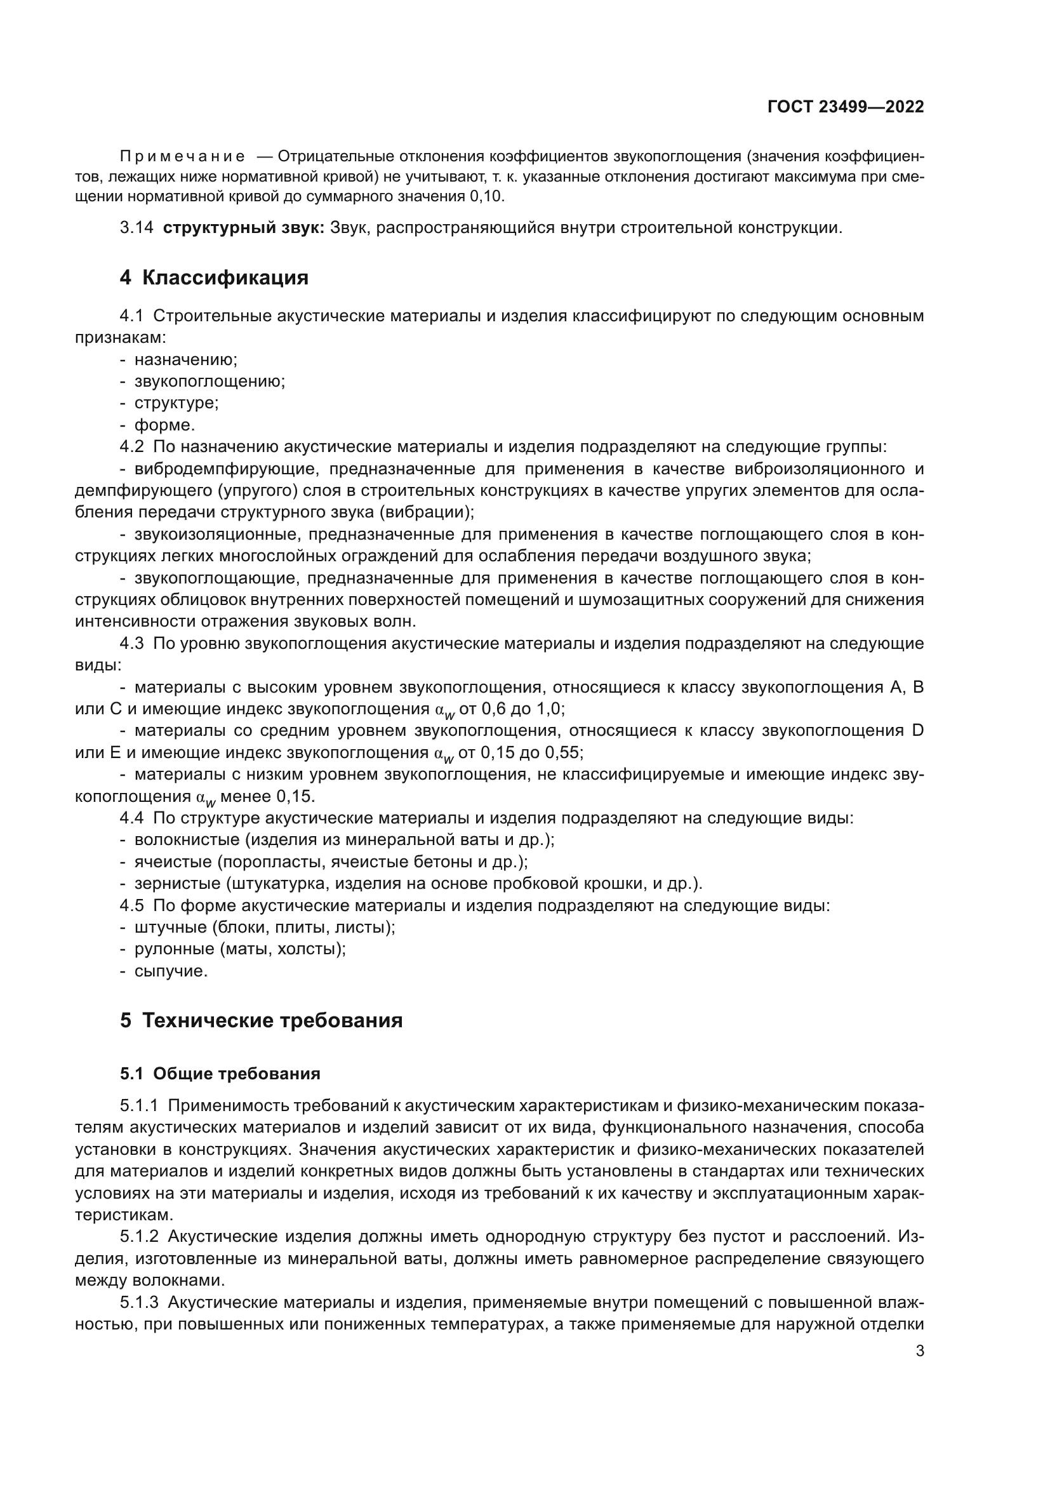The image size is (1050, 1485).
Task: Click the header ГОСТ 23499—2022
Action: tap(845, 107)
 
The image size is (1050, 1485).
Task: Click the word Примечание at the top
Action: tap(182, 157)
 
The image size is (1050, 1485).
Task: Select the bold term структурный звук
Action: tap(244, 228)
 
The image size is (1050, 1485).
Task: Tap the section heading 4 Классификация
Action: tap(214, 277)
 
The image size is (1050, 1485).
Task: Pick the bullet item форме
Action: tap(164, 425)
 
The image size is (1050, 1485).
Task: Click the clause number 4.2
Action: tap(132, 447)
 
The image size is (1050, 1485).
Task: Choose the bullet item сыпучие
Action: tap(171, 971)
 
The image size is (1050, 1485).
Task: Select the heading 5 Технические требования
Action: tap(261, 1021)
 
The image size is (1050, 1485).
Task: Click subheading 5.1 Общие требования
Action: tap(220, 1074)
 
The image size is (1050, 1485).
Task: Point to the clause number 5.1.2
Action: tap(139, 1237)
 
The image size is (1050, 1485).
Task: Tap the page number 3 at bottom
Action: tap(919, 1351)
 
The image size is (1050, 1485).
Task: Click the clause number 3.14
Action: tap(136, 228)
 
